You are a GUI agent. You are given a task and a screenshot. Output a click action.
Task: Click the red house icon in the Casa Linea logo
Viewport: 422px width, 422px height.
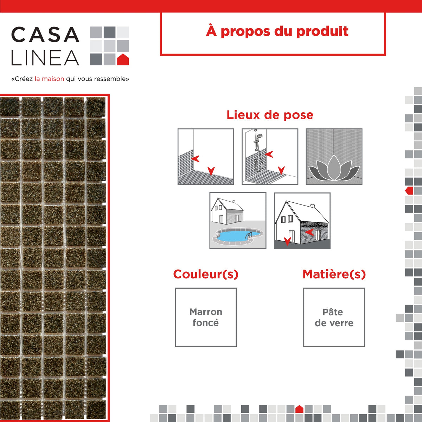[x=123, y=60]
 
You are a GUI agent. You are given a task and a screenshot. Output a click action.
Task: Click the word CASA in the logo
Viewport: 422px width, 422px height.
[x=45, y=35]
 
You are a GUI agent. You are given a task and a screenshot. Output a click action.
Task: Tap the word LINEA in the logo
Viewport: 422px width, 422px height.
[x=45, y=58]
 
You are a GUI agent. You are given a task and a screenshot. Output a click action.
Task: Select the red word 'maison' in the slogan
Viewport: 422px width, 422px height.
[x=53, y=79]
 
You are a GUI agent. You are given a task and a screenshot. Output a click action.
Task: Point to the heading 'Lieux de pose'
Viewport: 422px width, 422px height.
[x=270, y=115]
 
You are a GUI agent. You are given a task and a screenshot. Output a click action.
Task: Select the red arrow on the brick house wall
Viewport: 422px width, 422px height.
[x=309, y=232]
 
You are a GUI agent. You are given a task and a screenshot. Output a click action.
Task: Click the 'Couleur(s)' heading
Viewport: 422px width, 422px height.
[x=206, y=274]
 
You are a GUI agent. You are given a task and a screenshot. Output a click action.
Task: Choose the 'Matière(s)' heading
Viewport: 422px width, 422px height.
[x=334, y=274]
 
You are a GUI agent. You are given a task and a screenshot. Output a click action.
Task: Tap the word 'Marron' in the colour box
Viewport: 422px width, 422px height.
[x=206, y=312]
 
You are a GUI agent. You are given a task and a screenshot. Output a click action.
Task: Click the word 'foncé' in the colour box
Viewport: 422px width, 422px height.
[x=205, y=323]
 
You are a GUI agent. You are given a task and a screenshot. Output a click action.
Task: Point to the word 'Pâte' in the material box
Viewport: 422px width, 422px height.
[x=333, y=312]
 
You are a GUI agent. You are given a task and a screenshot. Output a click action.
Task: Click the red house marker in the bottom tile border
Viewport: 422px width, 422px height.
[x=299, y=409]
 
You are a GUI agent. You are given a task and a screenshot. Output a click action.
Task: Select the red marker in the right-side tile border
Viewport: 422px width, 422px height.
[x=409, y=191]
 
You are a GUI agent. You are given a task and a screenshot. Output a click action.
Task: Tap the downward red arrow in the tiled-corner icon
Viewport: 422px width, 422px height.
[x=211, y=171]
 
